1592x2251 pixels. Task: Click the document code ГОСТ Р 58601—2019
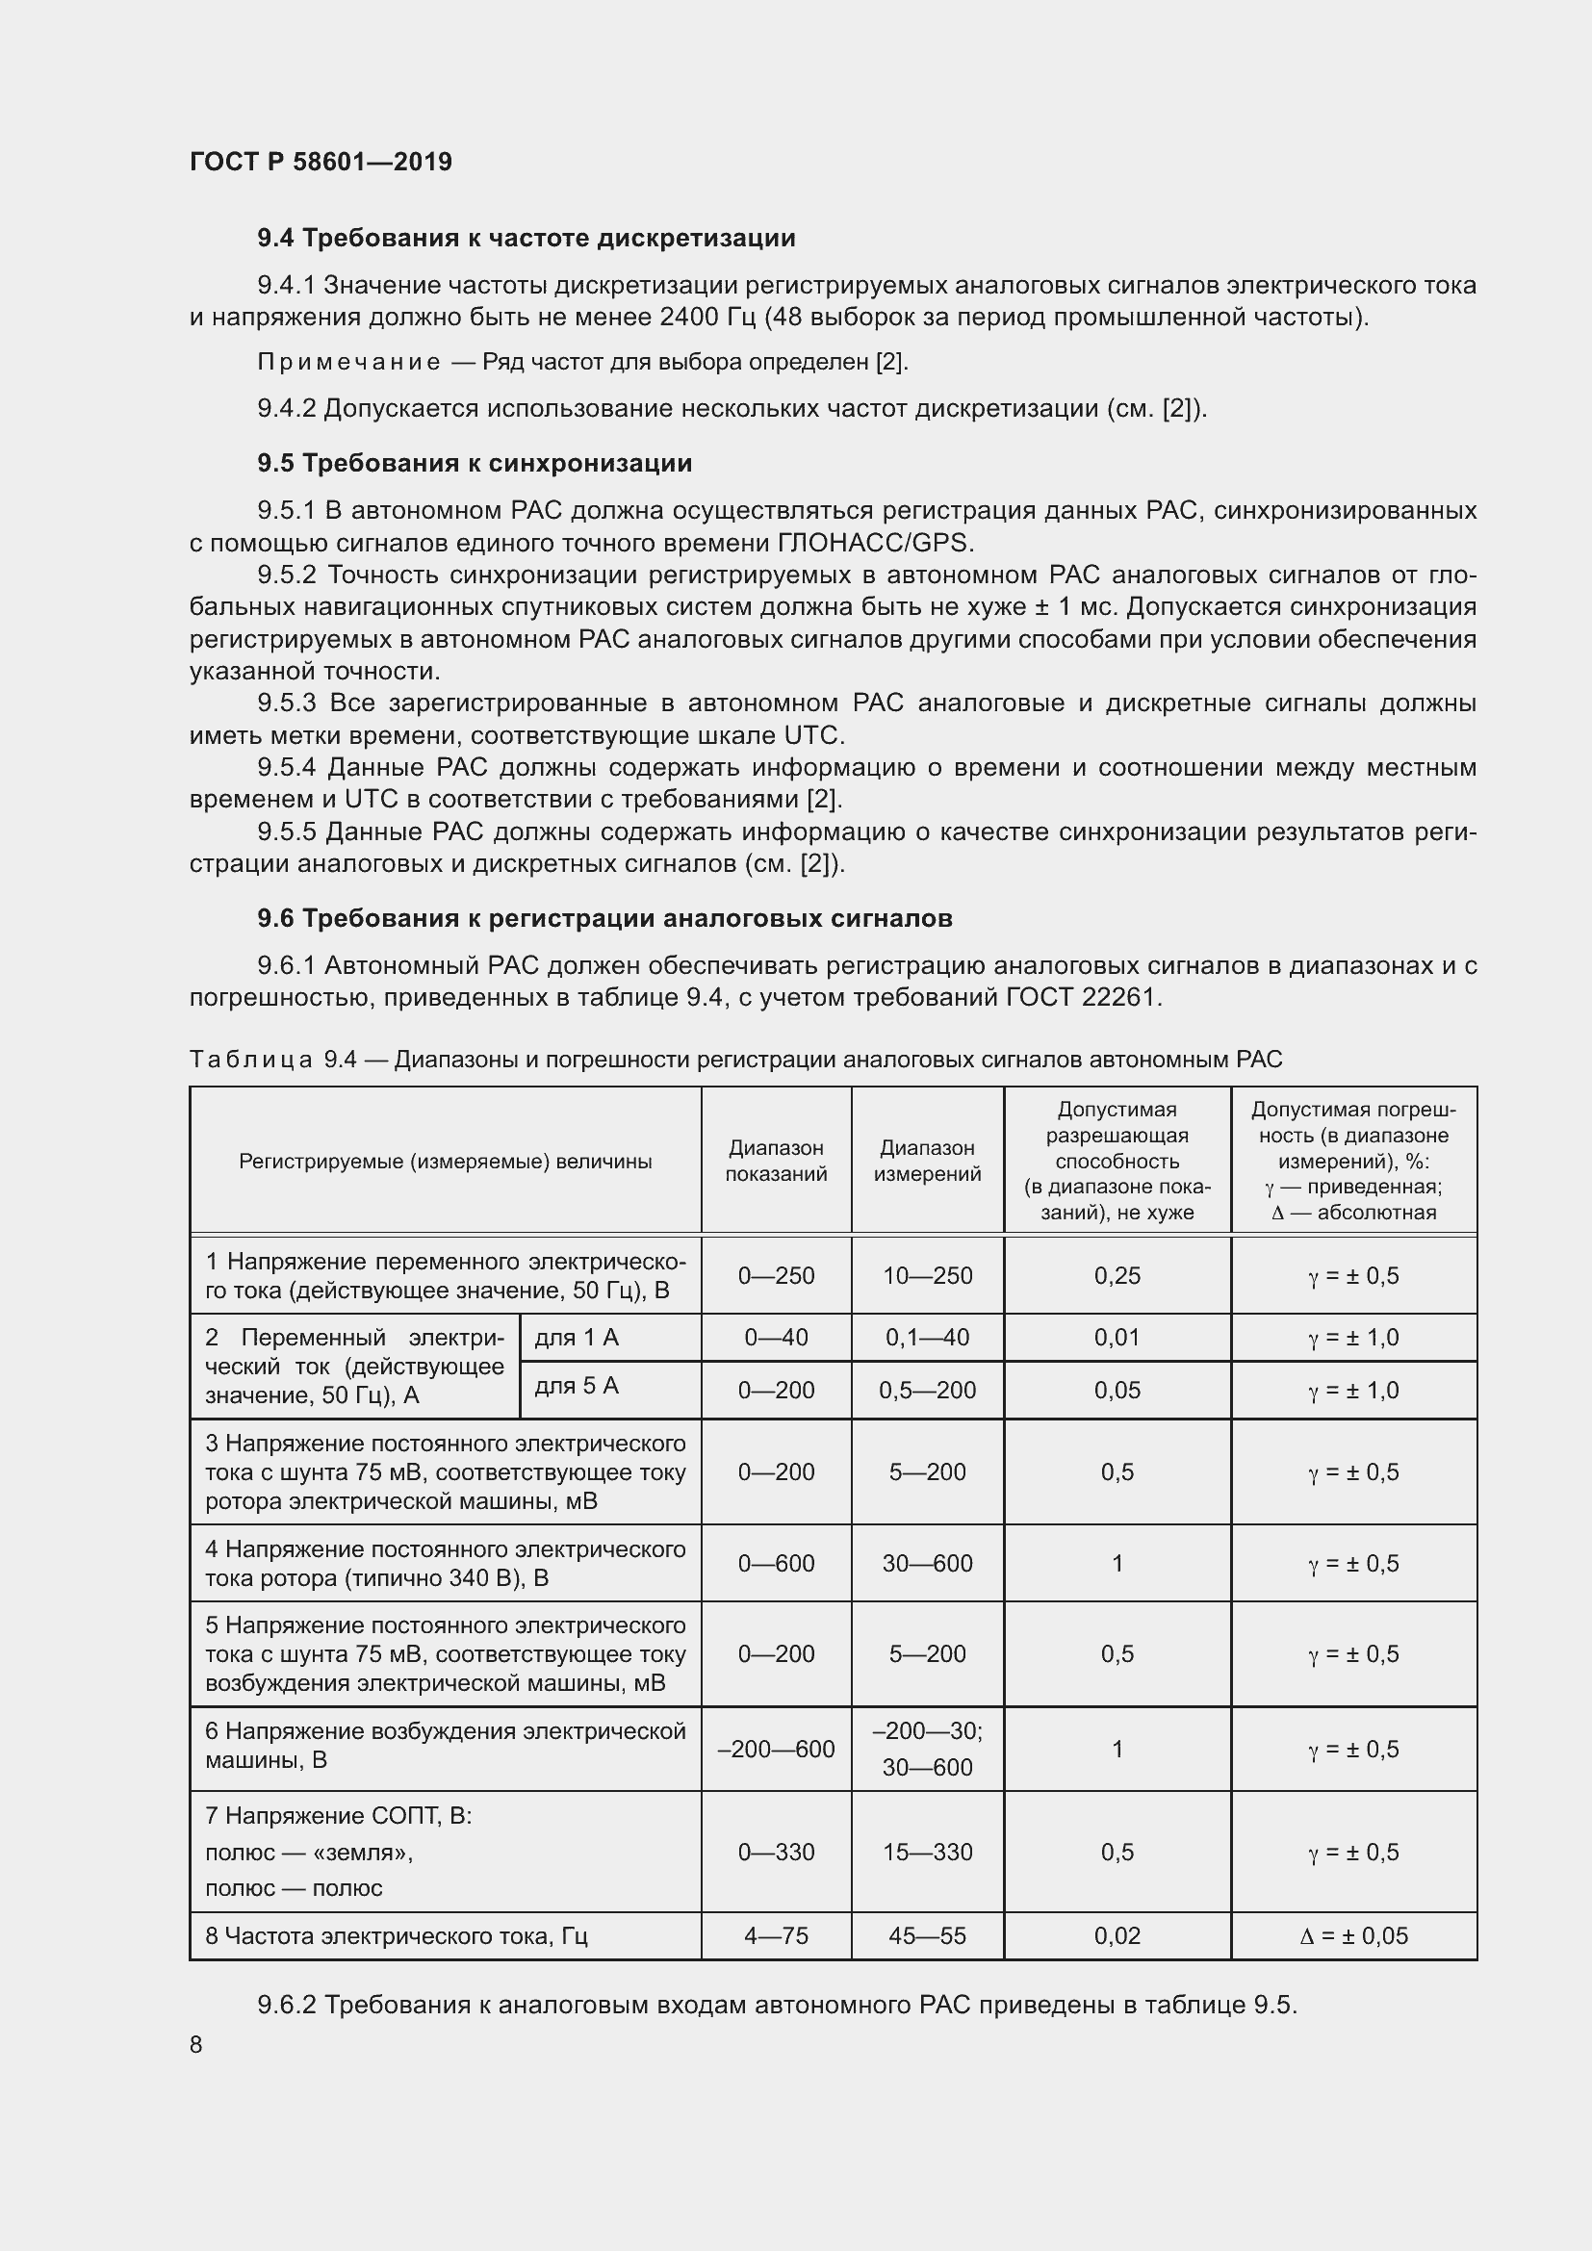pos(321,162)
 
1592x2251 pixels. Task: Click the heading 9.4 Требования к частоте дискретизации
pos(526,239)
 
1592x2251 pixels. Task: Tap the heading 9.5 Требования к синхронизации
pos(475,463)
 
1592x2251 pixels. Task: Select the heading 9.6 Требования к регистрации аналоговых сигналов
pos(604,919)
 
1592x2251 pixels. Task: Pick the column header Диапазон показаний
pos(776,1161)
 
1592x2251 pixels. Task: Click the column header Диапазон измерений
pos(926,1161)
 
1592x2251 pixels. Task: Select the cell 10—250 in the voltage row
pos(926,1275)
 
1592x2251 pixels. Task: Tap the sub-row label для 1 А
pos(577,1338)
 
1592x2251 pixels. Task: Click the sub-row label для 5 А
pos(577,1385)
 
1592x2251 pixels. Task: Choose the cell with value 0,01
pos(1117,1338)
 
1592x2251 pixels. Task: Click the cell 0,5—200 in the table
pos(926,1391)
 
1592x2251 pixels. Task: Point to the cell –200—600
pos(776,1749)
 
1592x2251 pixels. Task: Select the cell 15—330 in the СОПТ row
pos(926,1852)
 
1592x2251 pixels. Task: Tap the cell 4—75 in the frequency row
pos(776,1936)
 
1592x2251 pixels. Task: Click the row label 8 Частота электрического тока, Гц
pos(396,1936)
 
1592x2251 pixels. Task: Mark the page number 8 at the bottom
pos(196,2044)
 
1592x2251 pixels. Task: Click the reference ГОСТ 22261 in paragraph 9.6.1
pos(1082,998)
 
